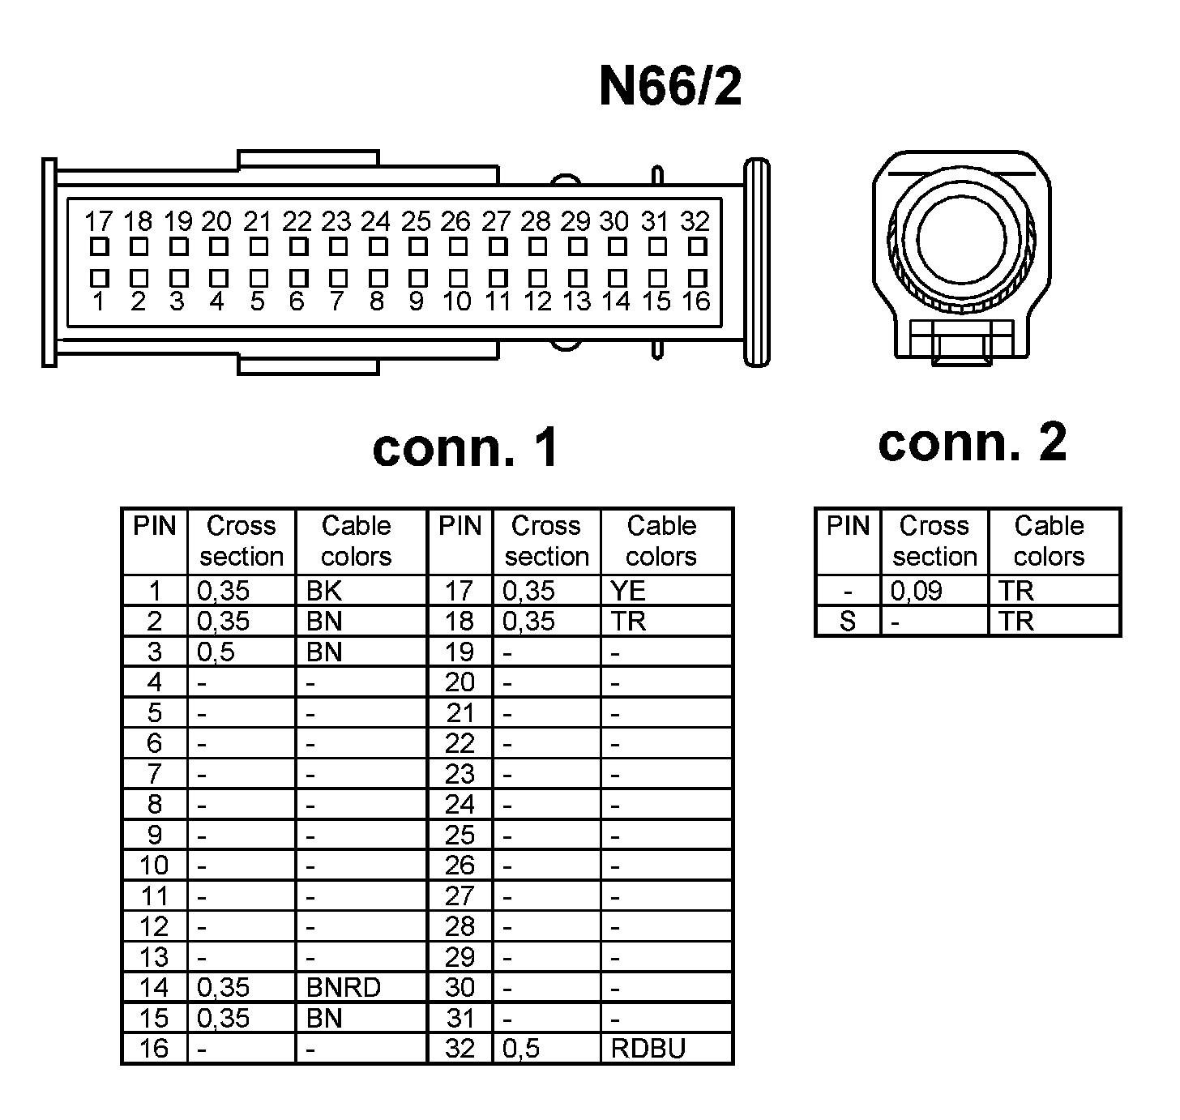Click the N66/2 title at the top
tap(670, 87)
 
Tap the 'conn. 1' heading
tap(465, 447)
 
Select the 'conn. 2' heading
tap(972, 442)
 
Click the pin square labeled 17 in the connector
tap(99, 246)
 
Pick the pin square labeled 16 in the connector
tap(697, 278)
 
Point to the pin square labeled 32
tap(697, 246)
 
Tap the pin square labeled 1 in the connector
tap(99, 278)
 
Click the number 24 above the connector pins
tap(376, 221)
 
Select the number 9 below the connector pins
tap(416, 302)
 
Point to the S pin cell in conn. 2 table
tap(848, 622)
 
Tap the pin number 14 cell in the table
tap(154, 987)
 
